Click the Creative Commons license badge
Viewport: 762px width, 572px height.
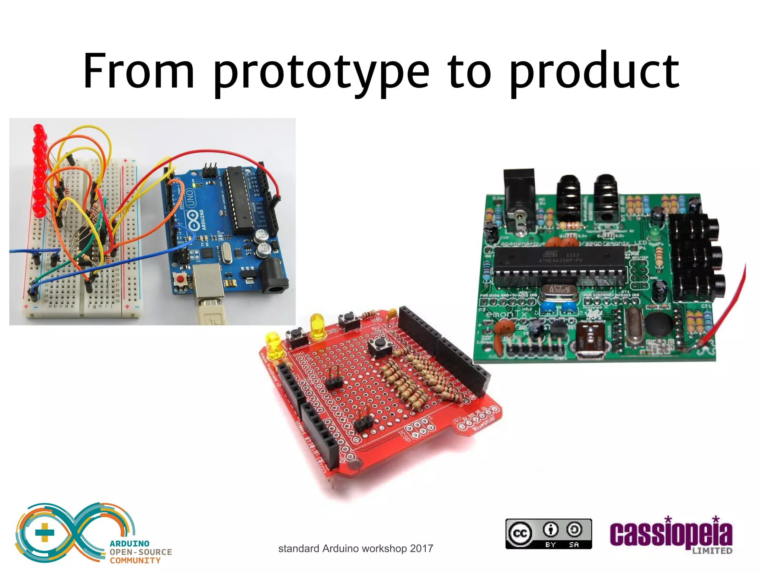pos(548,534)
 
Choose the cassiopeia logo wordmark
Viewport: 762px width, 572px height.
pos(670,534)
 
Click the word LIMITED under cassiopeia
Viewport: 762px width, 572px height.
pos(712,550)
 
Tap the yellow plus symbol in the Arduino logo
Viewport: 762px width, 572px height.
pos(44,532)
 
